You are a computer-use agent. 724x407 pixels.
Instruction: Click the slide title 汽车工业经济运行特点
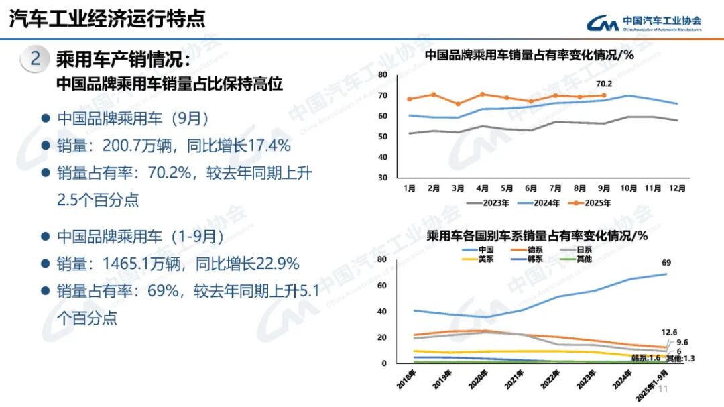pos(107,19)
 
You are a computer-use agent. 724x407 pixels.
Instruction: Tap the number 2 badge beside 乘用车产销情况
pos(35,60)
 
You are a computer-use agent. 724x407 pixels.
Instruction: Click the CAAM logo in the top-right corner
pos(644,23)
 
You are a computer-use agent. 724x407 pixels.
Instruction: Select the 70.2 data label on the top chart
pos(604,84)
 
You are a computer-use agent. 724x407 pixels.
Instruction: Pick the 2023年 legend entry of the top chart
pos(487,202)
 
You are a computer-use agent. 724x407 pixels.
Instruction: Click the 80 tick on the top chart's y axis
pos(383,74)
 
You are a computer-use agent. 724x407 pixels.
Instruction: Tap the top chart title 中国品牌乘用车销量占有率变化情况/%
pos(530,55)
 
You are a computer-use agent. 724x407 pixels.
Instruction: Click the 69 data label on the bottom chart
pos(666,262)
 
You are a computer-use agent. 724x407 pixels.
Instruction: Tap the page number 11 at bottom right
pos(664,390)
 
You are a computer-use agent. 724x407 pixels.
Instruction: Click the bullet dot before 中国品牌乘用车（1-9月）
pos(46,237)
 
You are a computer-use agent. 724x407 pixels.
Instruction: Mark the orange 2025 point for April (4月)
pos(482,94)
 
